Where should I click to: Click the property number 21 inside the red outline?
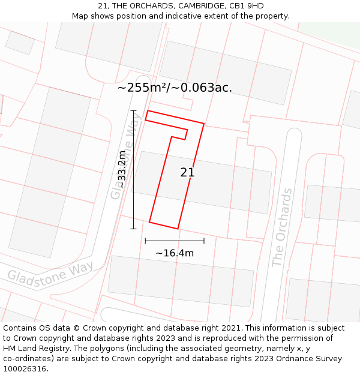point(187,173)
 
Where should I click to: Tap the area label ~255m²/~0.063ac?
point(175,88)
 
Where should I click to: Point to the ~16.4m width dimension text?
point(175,253)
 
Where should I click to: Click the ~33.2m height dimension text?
point(122,170)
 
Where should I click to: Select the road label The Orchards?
point(282,227)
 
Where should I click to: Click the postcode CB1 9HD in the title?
point(247,6)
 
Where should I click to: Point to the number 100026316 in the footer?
point(23,368)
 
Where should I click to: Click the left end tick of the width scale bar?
point(145,241)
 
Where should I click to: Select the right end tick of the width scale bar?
point(204,241)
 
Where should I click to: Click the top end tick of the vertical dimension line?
point(133,110)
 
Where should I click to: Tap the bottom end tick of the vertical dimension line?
point(133,229)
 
